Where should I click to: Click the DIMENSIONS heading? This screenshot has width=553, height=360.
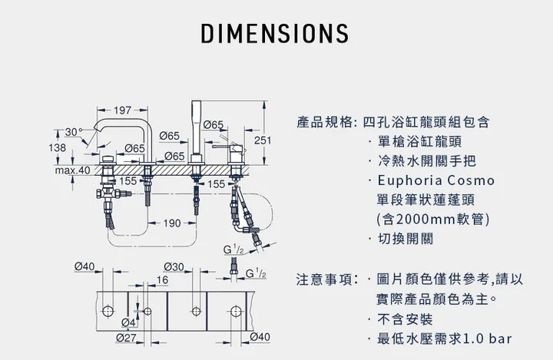pos(275,35)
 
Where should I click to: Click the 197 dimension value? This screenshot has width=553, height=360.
pos(121,111)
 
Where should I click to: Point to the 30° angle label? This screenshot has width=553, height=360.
pos(74,132)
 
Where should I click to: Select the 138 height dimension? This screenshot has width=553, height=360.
pos(58,147)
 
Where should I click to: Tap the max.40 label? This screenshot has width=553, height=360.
pos(73,170)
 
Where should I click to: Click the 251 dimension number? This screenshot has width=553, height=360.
pos(263,140)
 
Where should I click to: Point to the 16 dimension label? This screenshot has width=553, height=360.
pos(163,280)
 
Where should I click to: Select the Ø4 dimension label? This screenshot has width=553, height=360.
pos(128,322)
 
